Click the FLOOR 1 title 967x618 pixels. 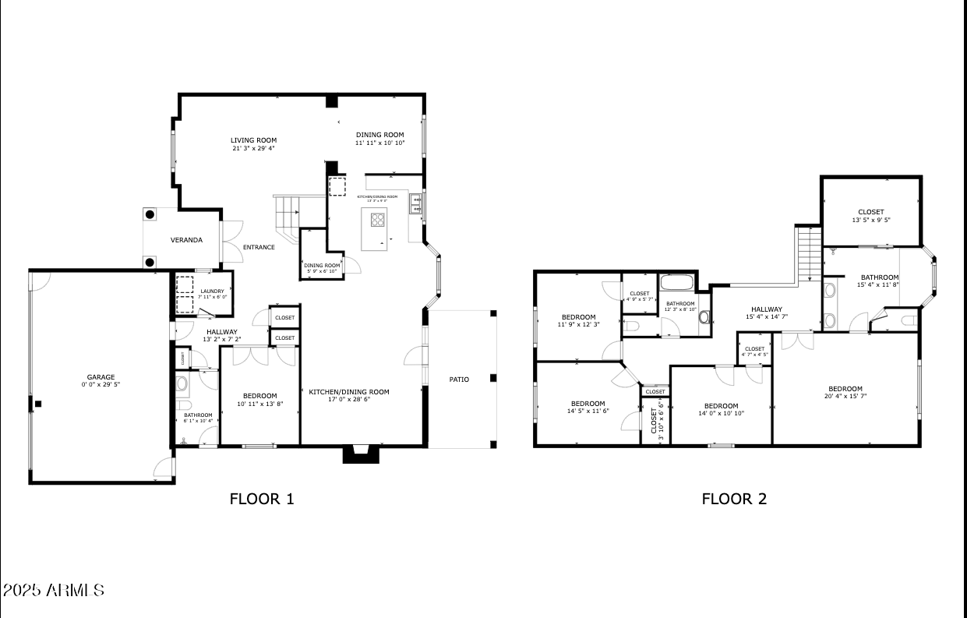point(262,499)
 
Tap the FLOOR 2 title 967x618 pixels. point(734,499)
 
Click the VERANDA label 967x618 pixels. point(186,240)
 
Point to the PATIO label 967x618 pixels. point(459,380)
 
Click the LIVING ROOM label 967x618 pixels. point(253,140)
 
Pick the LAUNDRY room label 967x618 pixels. point(212,291)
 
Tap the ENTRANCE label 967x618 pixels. point(259,248)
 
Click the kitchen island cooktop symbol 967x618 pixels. point(378,220)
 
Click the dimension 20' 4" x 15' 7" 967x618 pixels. point(845,396)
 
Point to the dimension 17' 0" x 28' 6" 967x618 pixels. point(348,399)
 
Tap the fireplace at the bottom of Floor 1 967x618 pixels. point(360,454)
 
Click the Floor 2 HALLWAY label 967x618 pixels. point(767,309)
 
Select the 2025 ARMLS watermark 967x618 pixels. point(53,590)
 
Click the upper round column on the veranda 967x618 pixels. point(150,215)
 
